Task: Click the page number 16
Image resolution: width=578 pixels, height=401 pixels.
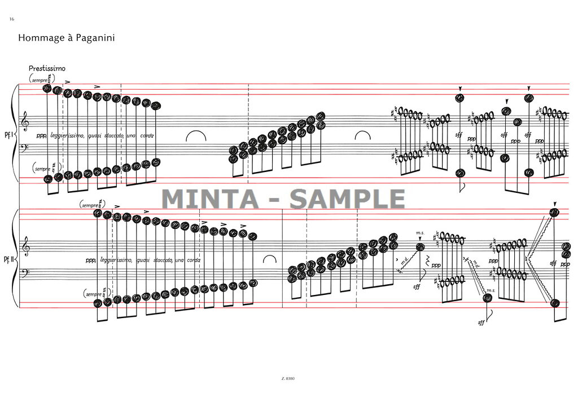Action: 11,19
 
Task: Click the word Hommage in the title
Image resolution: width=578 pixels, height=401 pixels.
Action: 40,38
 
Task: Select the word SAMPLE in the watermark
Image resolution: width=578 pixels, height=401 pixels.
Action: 347,199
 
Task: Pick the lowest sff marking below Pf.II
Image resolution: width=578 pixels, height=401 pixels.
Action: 481,323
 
